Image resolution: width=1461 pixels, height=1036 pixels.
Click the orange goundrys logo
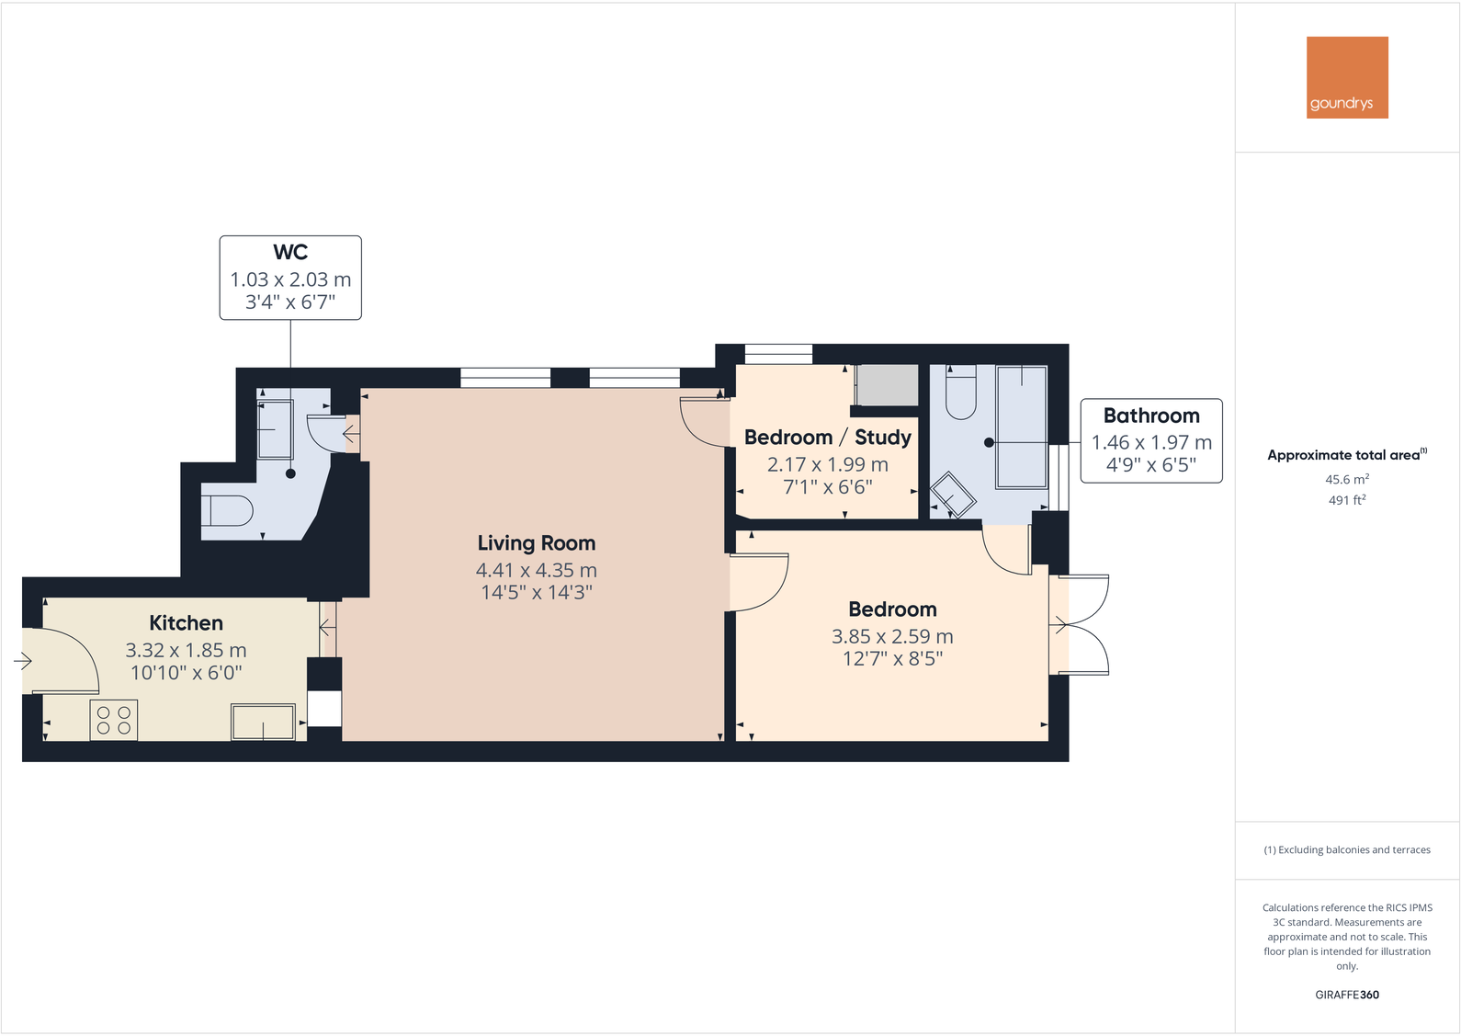1347,77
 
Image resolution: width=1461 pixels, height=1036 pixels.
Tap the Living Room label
537,543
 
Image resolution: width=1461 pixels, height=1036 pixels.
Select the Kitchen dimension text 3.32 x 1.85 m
186,651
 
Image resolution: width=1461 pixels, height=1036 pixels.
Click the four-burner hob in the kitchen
114,720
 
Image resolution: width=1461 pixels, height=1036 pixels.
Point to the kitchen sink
263,722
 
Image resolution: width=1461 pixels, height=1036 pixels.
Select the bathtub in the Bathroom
1021,427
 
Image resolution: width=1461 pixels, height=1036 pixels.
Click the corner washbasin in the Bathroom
952,495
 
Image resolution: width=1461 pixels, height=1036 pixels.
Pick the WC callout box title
290,252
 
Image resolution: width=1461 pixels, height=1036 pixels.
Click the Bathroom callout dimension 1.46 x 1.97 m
1151,443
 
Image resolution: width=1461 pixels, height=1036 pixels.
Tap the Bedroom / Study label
827,438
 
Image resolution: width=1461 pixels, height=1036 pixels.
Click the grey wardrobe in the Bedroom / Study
887,385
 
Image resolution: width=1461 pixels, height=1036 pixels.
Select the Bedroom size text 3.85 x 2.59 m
892,636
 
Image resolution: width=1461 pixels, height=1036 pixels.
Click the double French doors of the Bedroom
1082,625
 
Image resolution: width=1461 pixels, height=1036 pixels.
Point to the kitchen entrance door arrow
23,661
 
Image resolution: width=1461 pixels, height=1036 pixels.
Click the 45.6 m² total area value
1347,480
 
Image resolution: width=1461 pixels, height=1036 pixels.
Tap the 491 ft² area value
1347,501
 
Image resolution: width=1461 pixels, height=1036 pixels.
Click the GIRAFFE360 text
1347,995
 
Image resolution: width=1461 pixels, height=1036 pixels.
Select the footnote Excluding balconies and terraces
1347,850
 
